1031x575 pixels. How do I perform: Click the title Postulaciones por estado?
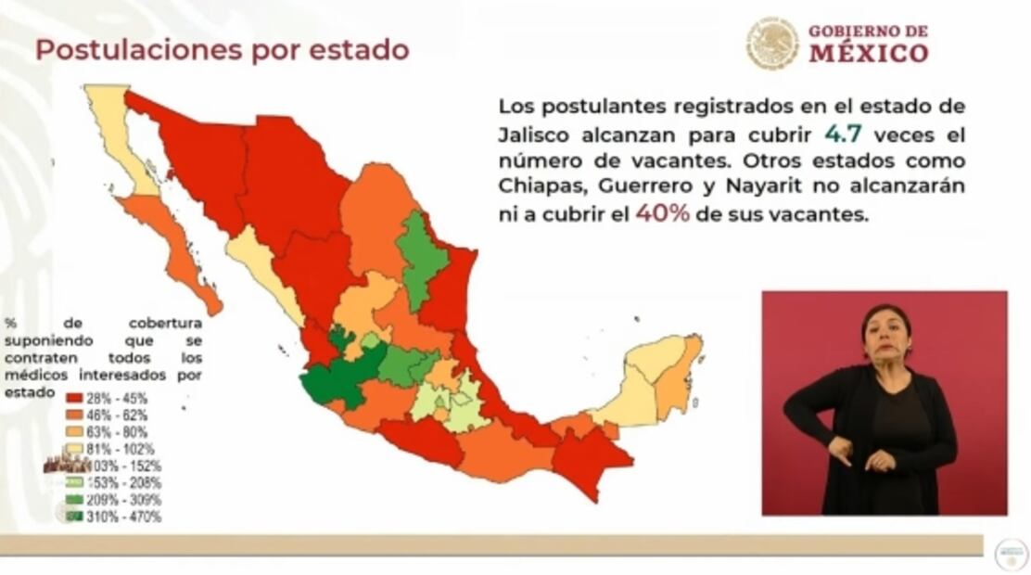tap(222, 50)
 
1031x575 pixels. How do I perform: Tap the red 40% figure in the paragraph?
tap(661, 212)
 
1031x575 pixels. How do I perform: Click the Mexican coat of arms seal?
tap(771, 43)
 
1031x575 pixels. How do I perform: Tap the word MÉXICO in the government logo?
tap(868, 53)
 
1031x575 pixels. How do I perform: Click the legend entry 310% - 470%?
tap(114, 517)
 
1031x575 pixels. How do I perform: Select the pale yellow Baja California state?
tap(116, 130)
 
